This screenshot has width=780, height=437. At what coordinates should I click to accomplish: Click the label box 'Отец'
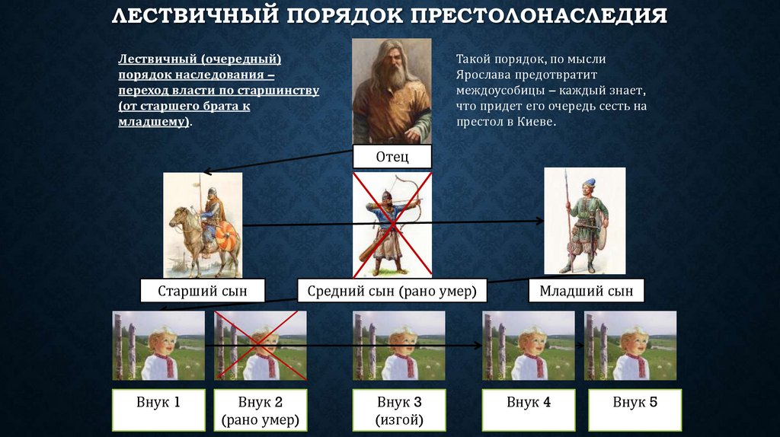coord(392,156)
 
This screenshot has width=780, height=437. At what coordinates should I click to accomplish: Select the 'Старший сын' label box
coord(203,291)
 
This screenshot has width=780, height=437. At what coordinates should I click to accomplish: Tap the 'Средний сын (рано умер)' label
coord(392,291)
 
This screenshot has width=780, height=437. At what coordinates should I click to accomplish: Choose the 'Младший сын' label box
coord(586,291)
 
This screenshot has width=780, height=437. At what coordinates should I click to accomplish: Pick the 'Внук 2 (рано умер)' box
coord(261,410)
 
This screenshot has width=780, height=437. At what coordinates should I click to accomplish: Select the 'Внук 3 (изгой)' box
coord(399,410)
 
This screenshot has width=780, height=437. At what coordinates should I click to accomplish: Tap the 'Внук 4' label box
coord(528,410)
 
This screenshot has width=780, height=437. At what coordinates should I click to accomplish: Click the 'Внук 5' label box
coord(635,410)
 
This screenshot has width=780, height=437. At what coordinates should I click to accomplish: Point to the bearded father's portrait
coord(392,91)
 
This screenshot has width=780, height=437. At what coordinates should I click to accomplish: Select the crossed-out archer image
coord(392,224)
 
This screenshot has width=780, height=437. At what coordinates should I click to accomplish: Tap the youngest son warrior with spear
coord(584,221)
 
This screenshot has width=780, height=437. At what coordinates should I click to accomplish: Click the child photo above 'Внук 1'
coord(158,345)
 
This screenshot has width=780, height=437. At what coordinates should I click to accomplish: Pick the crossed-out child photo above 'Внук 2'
coord(261,345)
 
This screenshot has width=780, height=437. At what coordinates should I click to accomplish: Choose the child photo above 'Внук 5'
coord(630,345)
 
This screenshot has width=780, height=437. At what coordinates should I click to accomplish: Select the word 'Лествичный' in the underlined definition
coord(157,59)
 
